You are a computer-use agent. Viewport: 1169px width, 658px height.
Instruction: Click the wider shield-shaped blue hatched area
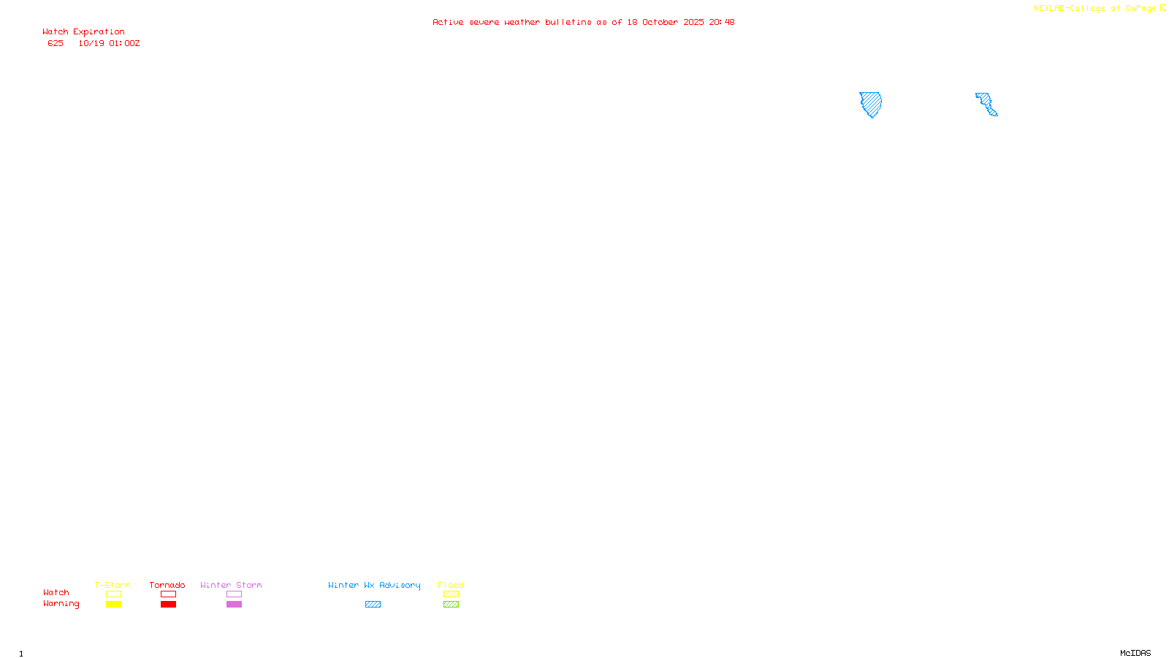(x=870, y=103)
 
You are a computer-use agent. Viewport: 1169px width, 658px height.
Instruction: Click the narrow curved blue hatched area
(x=986, y=104)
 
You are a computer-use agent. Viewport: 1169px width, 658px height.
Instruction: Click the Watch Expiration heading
(x=83, y=32)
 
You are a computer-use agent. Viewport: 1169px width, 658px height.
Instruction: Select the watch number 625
(x=56, y=44)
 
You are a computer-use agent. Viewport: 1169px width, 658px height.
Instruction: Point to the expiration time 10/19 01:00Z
(x=109, y=44)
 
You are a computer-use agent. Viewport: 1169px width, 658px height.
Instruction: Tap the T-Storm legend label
(x=113, y=585)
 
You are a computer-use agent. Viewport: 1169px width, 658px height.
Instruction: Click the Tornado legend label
(x=167, y=585)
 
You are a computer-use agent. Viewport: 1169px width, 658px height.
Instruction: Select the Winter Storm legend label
(x=231, y=585)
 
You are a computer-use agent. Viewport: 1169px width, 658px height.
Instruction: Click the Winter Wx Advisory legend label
(x=374, y=585)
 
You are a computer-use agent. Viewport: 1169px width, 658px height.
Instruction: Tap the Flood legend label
(x=451, y=585)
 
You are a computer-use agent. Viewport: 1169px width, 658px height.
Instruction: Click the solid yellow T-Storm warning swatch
(x=113, y=605)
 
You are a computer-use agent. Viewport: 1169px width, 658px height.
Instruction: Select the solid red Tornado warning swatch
(x=168, y=605)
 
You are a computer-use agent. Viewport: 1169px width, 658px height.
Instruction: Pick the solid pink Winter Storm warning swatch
(x=234, y=605)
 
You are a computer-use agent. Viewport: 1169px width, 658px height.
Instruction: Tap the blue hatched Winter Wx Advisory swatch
(x=373, y=605)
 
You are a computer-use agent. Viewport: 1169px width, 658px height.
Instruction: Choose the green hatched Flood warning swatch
(x=451, y=605)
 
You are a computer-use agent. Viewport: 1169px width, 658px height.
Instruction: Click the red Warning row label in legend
(x=61, y=604)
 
